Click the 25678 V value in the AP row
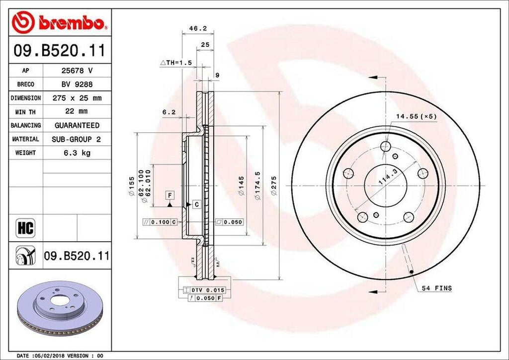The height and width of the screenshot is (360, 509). [77, 71]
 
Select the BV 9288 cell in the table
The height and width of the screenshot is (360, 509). [77, 85]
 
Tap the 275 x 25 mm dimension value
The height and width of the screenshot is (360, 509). [77, 98]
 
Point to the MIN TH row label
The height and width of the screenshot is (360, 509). [25, 112]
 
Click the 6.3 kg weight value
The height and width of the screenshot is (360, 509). [77, 153]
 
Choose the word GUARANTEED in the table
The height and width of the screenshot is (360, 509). [77, 125]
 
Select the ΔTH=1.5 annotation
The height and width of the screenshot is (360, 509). [175, 63]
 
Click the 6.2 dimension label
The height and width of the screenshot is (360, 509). [169, 112]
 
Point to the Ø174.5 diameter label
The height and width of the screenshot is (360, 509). [257, 186]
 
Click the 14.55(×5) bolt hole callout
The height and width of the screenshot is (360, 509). [416, 116]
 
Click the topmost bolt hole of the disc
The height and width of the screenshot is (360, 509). [386, 146]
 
